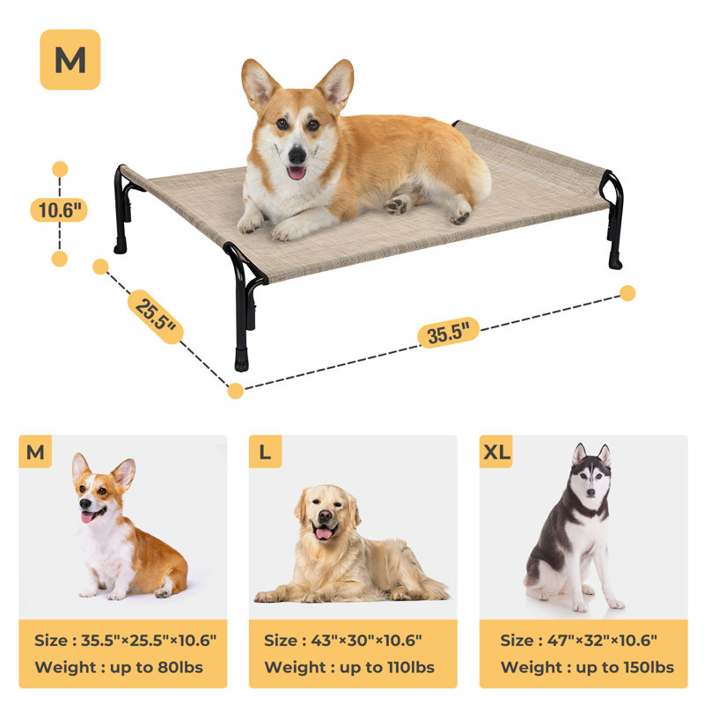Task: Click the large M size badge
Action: pyautogui.click(x=70, y=60)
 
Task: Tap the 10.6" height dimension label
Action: pyautogui.click(x=60, y=210)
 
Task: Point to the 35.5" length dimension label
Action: pyautogui.click(x=448, y=333)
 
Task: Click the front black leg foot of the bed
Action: pyautogui.click(x=241, y=361)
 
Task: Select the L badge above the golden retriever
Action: pyautogui.click(x=265, y=452)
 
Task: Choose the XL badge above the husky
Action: pyautogui.click(x=495, y=452)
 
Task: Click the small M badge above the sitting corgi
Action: pyautogui.click(x=35, y=452)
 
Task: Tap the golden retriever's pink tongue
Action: pyautogui.click(x=325, y=533)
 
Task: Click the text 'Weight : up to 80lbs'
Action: pyautogui.click(x=119, y=667)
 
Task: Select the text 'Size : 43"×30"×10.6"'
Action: pyautogui.click(x=343, y=641)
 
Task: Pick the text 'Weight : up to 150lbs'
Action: pyautogui.click(x=587, y=667)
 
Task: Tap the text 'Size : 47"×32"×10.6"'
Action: pyautogui.click(x=578, y=641)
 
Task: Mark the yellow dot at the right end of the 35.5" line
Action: pyautogui.click(x=627, y=293)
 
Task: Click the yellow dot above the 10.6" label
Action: pyautogui.click(x=60, y=169)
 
